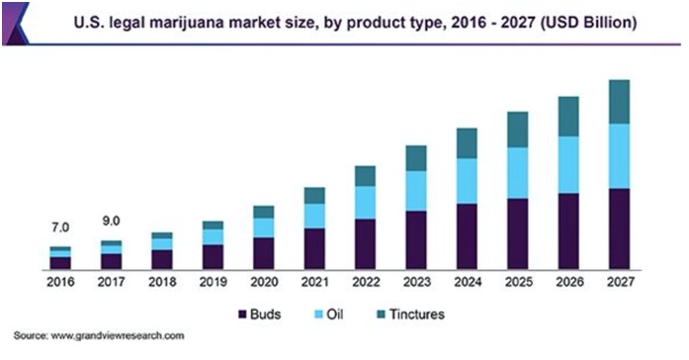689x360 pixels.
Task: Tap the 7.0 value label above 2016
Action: [61, 228]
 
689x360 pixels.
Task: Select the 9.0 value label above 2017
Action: [112, 221]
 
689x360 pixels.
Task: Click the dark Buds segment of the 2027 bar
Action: [619, 228]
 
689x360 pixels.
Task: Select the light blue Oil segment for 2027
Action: [619, 155]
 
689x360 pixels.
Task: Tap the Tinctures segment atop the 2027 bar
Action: [619, 101]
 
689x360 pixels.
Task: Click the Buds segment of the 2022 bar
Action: [365, 243]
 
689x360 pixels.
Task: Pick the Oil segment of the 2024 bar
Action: [466, 181]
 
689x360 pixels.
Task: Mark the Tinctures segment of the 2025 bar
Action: [517, 129]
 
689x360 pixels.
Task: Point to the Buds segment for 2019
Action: [213, 256]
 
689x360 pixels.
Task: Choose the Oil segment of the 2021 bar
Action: [314, 216]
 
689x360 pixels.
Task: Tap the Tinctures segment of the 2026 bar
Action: [567, 116]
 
